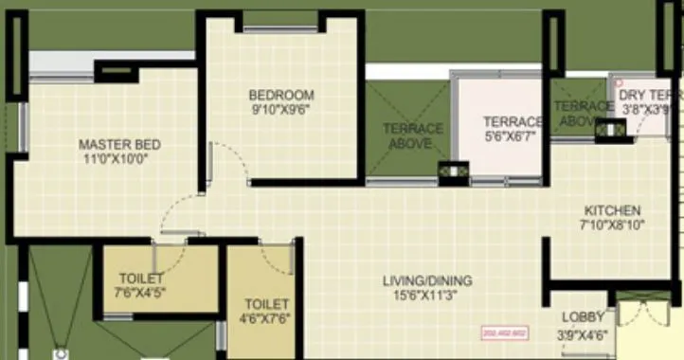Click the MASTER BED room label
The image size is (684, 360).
(x=119, y=145)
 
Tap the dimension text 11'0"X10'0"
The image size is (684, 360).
(x=119, y=159)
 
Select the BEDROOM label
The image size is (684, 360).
(x=281, y=95)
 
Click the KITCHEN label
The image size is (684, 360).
(x=612, y=210)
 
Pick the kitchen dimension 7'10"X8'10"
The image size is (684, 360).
(x=612, y=225)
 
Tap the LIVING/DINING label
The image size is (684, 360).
(x=427, y=280)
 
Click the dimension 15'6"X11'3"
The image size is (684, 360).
(x=427, y=295)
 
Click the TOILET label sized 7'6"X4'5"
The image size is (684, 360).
(x=141, y=278)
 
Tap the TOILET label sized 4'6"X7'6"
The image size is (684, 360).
(x=265, y=304)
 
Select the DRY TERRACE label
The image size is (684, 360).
(x=648, y=96)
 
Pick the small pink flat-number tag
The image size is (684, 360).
(x=504, y=333)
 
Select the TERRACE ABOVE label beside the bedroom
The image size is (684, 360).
(x=412, y=135)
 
